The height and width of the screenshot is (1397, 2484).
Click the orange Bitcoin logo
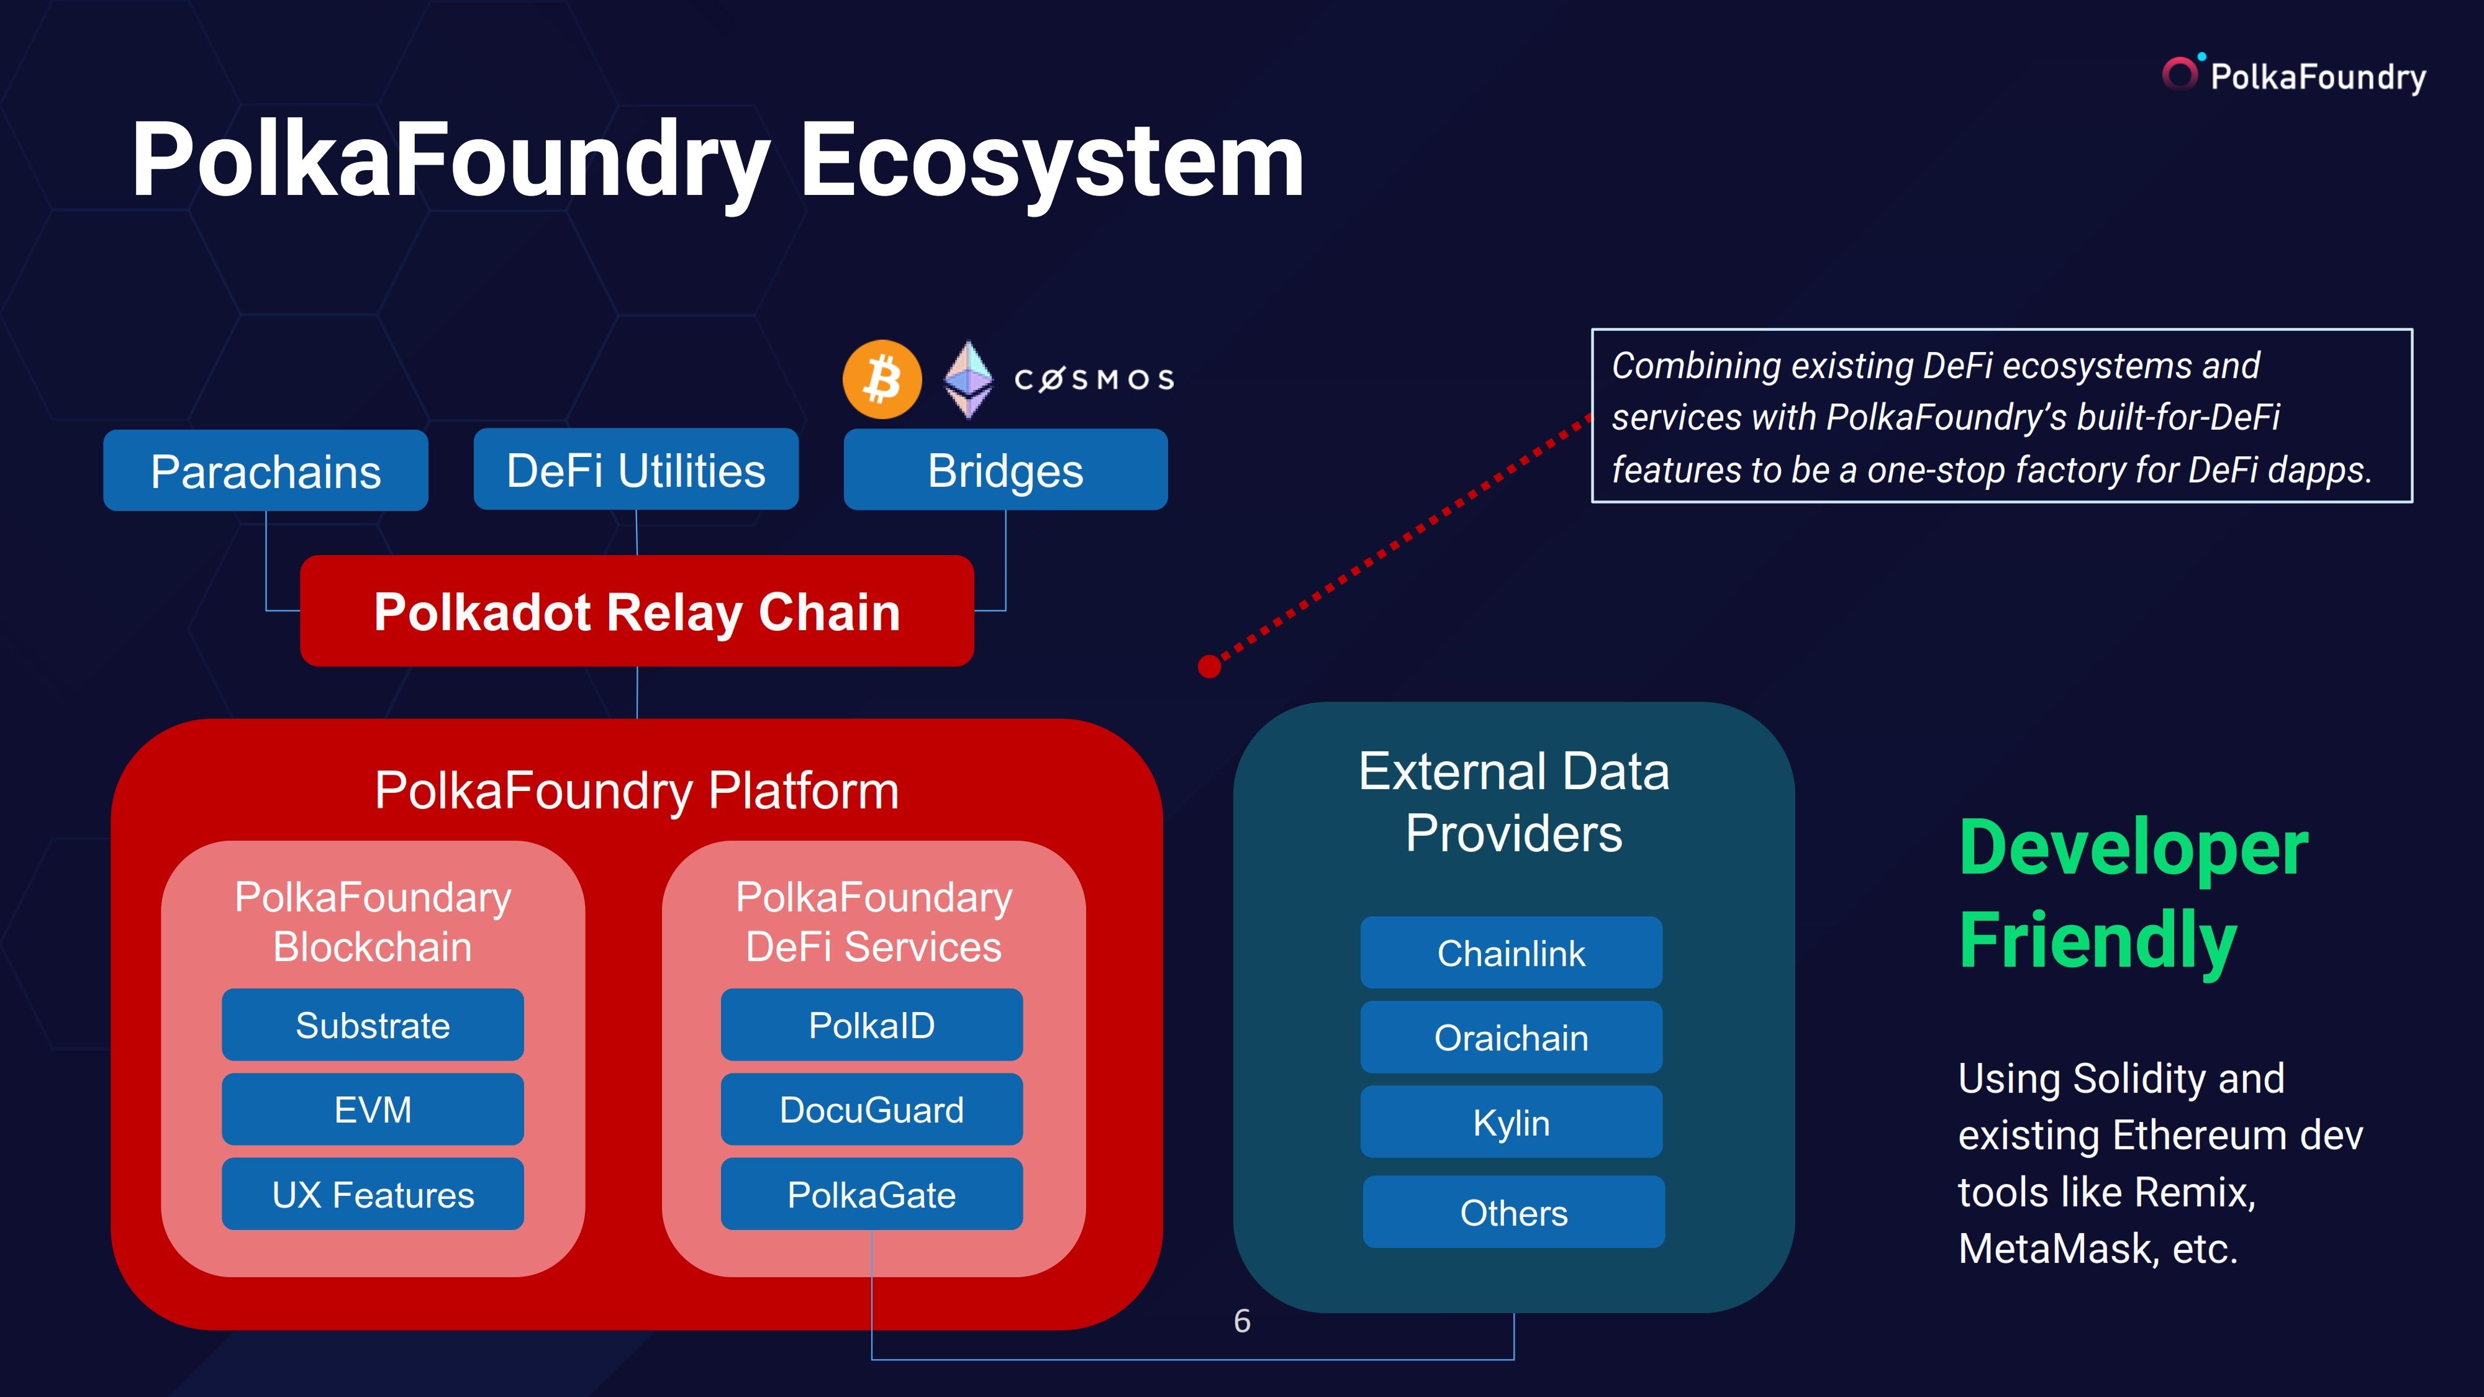(x=881, y=379)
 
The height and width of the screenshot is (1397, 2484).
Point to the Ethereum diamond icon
(x=968, y=379)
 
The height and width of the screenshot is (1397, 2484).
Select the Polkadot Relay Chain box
(x=637, y=611)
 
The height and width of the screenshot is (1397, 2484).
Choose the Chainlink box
(x=1511, y=952)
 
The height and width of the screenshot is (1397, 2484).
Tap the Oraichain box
(x=1511, y=1038)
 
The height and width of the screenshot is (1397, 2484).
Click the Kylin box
(x=1511, y=1122)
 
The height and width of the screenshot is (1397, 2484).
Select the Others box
(x=1513, y=1212)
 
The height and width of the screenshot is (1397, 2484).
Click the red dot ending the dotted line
(x=1209, y=666)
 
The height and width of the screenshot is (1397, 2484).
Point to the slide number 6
(x=1242, y=1321)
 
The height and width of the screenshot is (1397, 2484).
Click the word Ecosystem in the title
(x=1051, y=161)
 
